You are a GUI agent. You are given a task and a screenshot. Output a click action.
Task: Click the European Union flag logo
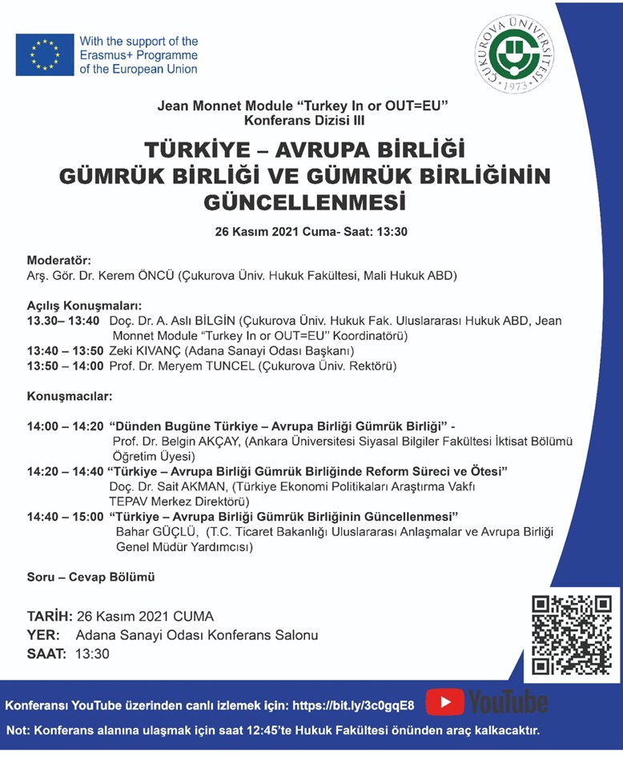coord(45,54)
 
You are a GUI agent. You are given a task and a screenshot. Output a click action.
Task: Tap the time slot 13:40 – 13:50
coord(64,350)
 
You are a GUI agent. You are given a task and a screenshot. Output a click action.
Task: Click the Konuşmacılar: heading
coord(70,396)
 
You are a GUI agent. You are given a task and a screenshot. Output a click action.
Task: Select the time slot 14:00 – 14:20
coord(65,426)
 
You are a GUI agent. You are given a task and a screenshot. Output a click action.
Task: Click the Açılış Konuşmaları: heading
coord(84,306)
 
